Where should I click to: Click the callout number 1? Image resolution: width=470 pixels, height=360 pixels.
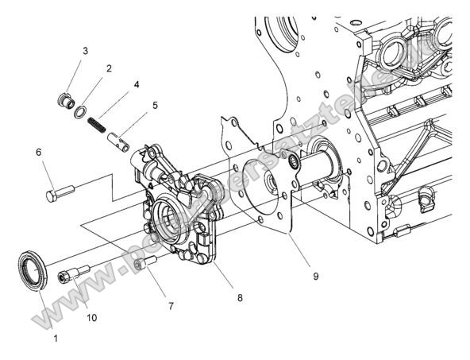tap(56, 338)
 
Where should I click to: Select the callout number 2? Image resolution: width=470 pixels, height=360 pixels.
tap(109, 69)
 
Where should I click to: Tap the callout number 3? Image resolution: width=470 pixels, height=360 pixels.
tap(85, 51)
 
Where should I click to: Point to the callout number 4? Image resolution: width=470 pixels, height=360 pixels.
tap(137, 83)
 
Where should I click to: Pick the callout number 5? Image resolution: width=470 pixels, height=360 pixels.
tap(155, 104)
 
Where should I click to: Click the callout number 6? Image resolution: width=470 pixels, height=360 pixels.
tap(37, 151)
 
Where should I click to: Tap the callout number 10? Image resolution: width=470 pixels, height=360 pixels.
tap(91, 317)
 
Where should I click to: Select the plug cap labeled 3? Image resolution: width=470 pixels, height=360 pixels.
tap(66, 102)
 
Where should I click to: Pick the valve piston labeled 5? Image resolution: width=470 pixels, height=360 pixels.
tap(119, 141)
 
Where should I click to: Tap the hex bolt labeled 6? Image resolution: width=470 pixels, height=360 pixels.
tap(60, 192)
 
